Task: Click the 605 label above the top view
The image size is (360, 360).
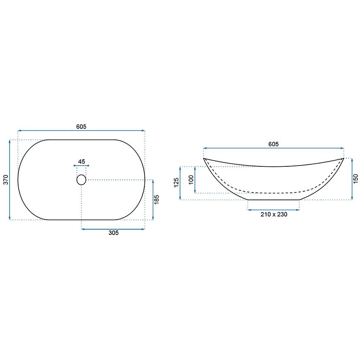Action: tap(81, 127)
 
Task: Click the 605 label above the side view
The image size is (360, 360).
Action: tap(274, 144)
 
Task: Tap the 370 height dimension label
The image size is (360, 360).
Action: tap(6, 180)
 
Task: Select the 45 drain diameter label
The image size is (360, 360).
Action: tap(82, 161)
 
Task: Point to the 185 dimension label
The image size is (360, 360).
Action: tap(156, 200)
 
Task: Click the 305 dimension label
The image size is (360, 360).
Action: tap(113, 233)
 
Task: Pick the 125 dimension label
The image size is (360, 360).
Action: tap(176, 182)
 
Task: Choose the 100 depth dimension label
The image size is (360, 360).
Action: tap(191, 180)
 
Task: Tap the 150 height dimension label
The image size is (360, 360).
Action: tap(355, 179)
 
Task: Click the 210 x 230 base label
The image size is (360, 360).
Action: tap(274, 214)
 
